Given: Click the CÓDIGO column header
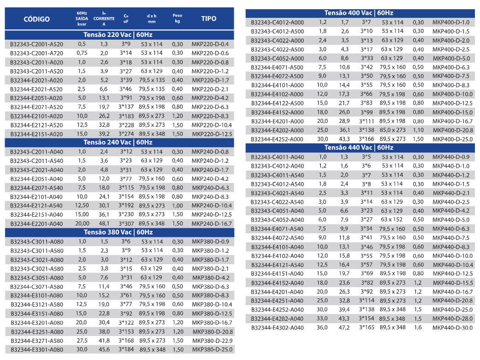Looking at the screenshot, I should click(36, 19).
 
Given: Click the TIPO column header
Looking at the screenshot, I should click(209, 19).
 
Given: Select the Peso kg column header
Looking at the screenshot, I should click(177, 18).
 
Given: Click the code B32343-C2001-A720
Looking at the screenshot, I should click(37, 53).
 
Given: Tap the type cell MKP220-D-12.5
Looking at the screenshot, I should click(210, 134).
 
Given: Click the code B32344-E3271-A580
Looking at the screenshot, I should click(37, 341).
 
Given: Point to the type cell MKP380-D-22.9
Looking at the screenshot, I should click(213, 341).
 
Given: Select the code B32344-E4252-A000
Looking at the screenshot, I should click(278, 139).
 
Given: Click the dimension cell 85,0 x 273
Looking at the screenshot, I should click(392, 130).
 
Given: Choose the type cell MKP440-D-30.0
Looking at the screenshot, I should click(453, 327).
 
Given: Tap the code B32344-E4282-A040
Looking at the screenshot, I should click(278, 319).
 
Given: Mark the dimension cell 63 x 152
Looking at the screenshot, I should click(392, 219).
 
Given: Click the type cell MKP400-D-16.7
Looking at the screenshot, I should click(453, 121).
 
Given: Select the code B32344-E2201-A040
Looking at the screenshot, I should click(37, 224).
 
